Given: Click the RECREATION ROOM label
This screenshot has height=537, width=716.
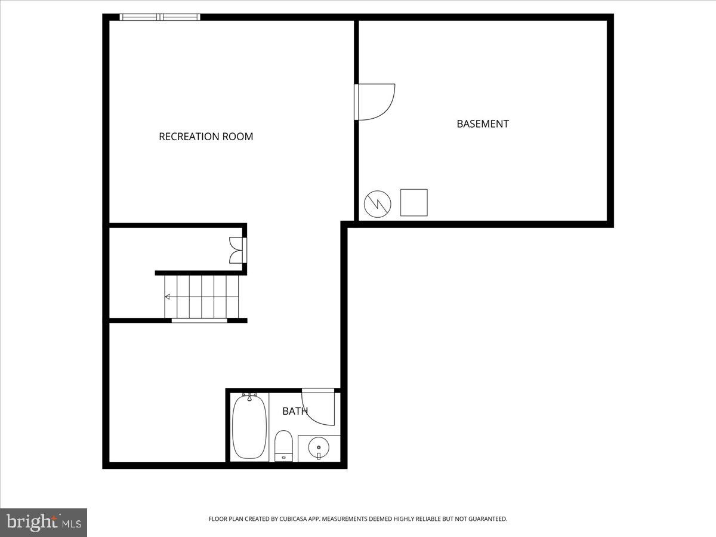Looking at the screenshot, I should pyautogui.click(x=206, y=137).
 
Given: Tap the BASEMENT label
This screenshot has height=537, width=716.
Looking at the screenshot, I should pyautogui.click(x=483, y=124).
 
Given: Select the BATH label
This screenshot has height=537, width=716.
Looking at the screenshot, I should pyautogui.click(x=295, y=411).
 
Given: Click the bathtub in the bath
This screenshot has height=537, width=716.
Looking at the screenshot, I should pyautogui.click(x=249, y=427).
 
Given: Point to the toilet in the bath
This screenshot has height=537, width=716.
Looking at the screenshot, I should pyautogui.click(x=283, y=446).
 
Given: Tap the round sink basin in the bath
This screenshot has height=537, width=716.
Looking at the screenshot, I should pyautogui.click(x=319, y=446).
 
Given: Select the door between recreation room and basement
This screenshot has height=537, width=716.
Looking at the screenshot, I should pyautogui.click(x=374, y=102).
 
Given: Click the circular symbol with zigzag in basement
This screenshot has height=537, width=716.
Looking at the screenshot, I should pyautogui.click(x=378, y=204).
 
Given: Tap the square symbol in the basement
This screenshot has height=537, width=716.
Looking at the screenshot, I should pyautogui.click(x=413, y=203).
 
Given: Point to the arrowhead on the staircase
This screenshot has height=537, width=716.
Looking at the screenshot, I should pyautogui.click(x=168, y=297).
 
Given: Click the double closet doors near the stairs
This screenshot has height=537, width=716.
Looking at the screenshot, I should pyautogui.click(x=237, y=250).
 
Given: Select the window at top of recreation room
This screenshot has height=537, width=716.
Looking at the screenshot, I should pyautogui.click(x=160, y=17).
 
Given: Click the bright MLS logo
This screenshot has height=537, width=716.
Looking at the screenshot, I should pyautogui.click(x=44, y=522).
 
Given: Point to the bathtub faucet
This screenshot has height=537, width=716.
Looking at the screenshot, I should pyautogui.click(x=249, y=396).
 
